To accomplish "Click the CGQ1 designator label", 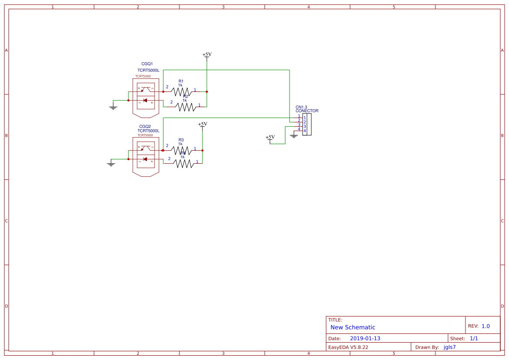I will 147,64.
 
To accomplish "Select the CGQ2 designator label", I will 145,126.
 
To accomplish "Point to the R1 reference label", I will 181,81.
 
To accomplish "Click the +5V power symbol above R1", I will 207,55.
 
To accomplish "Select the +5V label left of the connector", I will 270,138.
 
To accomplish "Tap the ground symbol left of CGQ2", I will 111,164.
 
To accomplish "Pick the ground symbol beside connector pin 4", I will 293,136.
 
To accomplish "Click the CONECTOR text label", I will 307,111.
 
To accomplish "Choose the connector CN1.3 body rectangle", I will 307,124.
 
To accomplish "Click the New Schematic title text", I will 353,327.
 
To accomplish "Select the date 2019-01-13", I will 365,338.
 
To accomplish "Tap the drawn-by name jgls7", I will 449,347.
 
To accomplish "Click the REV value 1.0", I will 485,326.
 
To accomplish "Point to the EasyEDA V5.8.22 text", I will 348,347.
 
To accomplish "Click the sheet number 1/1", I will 474,338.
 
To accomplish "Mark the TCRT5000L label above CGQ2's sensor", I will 148,131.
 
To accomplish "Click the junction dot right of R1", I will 207,91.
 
